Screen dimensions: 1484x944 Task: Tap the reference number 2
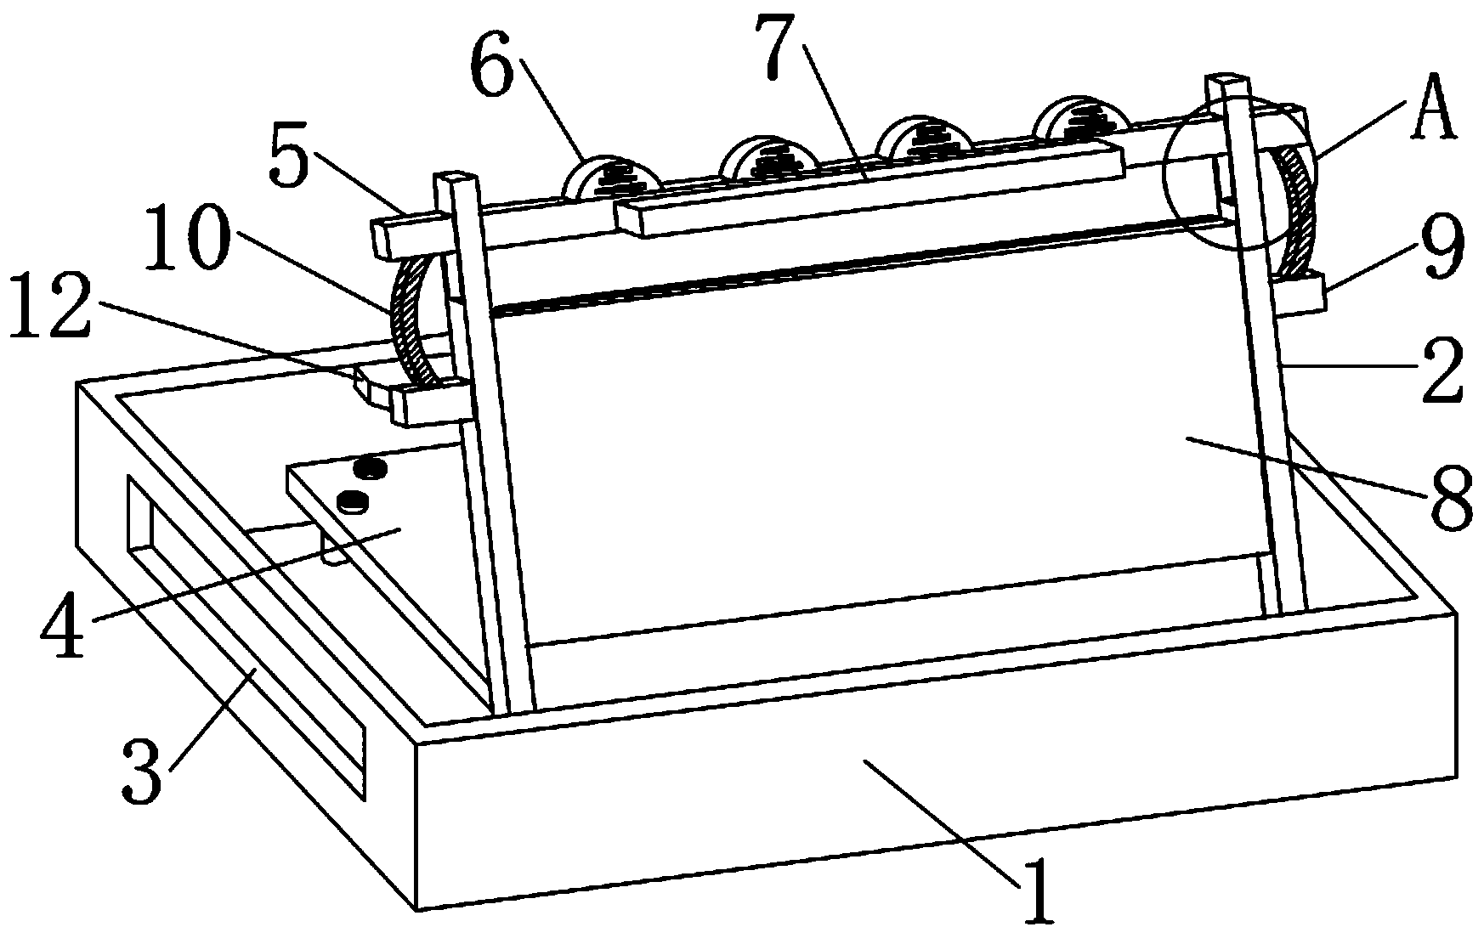[x=1439, y=371]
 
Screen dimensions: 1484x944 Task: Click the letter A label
[x=1434, y=108]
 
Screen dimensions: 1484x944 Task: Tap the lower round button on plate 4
[x=352, y=501]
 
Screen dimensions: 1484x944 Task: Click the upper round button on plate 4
[x=371, y=466]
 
